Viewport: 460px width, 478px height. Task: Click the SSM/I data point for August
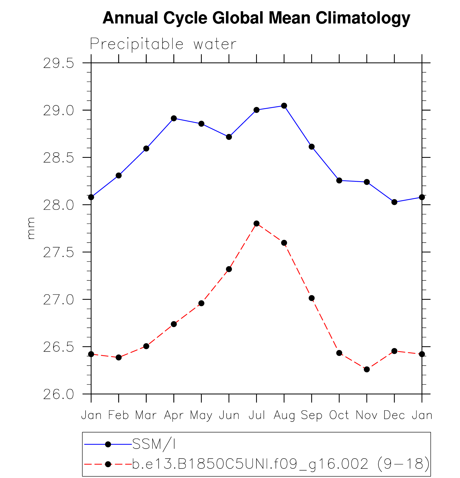(284, 106)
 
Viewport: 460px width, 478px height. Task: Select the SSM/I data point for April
(174, 118)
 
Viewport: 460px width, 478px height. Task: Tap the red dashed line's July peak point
(256, 223)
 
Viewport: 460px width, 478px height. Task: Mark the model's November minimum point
(367, 369)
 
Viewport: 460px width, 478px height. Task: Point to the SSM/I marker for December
(394, 202)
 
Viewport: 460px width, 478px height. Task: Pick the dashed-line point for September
(312, 298)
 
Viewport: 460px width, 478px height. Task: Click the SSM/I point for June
(229, 137)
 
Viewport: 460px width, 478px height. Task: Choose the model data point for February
(119, 357)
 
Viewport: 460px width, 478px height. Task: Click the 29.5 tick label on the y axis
(58, 64)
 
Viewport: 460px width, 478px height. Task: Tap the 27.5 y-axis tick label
(58, 253)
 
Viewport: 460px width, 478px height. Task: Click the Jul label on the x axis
(256, 415)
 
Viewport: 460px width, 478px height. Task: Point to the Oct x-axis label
(339, 415)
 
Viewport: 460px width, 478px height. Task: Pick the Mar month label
(146, 415)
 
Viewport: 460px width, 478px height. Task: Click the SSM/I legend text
(154, 444)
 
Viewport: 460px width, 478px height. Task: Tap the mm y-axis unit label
(31, 228)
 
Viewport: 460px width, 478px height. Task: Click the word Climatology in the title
(363, 18)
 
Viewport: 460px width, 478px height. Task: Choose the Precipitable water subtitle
(163, 44)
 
